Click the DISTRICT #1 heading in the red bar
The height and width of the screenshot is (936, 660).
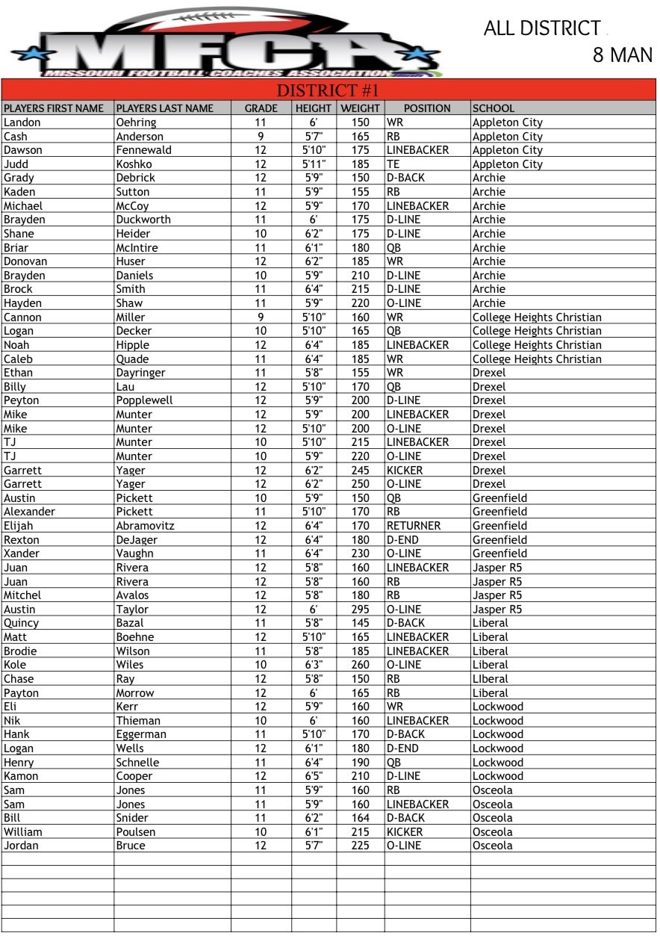click(x=329, y=90)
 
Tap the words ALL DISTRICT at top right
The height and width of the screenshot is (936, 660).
click(x=542, y=28)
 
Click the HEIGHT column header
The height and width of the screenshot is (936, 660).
click(x=314, y=108)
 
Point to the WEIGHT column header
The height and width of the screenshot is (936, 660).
click(x=360, y=108)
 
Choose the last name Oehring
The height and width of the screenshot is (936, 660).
click(x=136, y=123)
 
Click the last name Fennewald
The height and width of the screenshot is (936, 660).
click(x=143, y=150)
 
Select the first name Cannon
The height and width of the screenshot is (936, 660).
click(x=22, y=317)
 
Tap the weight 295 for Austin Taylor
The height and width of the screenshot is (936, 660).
click(x=361, y=610)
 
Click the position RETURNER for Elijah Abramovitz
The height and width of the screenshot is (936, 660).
click(x=413, y=526)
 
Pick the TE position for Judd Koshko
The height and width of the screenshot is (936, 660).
click(x=393, y=164)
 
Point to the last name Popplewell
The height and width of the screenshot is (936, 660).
click(x=144, y=400)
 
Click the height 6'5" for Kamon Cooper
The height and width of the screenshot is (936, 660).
click(x=314, y=776)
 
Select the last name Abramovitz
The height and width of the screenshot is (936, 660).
click(x=145, y=526)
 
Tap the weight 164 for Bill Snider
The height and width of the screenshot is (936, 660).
click(x=361, y=818)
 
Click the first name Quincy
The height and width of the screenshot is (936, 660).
click(x=21, y=623)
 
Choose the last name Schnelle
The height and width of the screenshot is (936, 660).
click(x=137, y=763)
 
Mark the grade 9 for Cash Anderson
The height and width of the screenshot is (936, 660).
click(x=261, y=137)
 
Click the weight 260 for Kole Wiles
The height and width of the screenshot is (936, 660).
click(x=361, y=665)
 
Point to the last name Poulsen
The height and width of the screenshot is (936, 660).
click(x=136, y=832)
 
